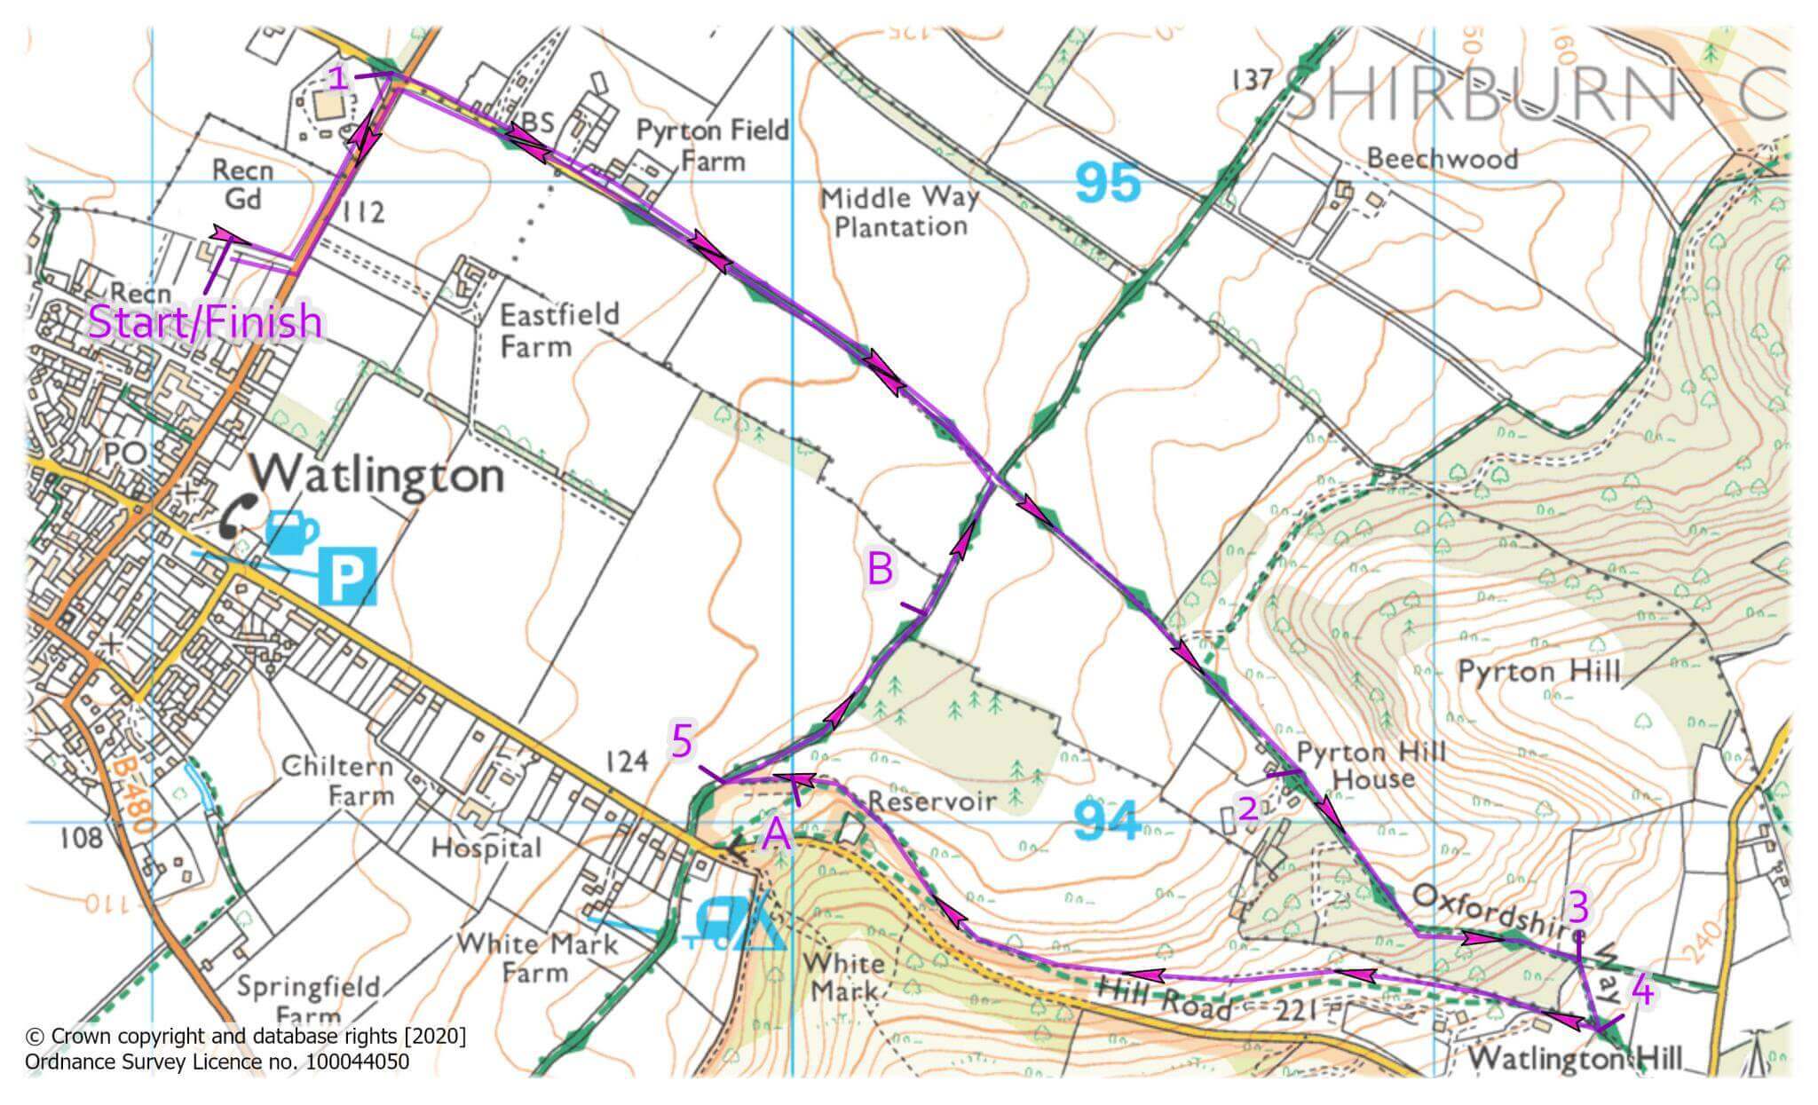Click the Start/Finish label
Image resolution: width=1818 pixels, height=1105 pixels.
pyautogui.click(x=205, y=321)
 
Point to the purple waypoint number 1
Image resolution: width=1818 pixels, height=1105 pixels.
pyautogui.click(x=337, y=78)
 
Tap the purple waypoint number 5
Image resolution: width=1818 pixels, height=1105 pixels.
pyautogui.click(x=682, y=740)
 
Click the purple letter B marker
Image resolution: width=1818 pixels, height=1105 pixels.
pyautogui.click(x=879, y=569)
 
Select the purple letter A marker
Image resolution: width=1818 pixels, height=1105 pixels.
pyautogui.click(x=777, y=834)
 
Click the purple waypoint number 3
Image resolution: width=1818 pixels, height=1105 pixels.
pyautogui.click(x=1578, y=906)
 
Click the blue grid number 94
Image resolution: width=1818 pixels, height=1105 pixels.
pyautogui.click(x=1106, y=821)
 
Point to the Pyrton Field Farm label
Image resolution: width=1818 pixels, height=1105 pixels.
pyautogui.click(x=712, y=146)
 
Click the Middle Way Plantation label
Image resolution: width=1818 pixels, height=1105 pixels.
pyautogui.click(x=898, y=211)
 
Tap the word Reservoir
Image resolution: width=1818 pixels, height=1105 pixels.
pyautogui.click(x=931, y=801)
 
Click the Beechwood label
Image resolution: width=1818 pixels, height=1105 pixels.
pyautogui.click(x=1442, y=159)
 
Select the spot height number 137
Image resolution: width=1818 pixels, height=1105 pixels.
pyautogui.click(x=1253, y=81)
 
